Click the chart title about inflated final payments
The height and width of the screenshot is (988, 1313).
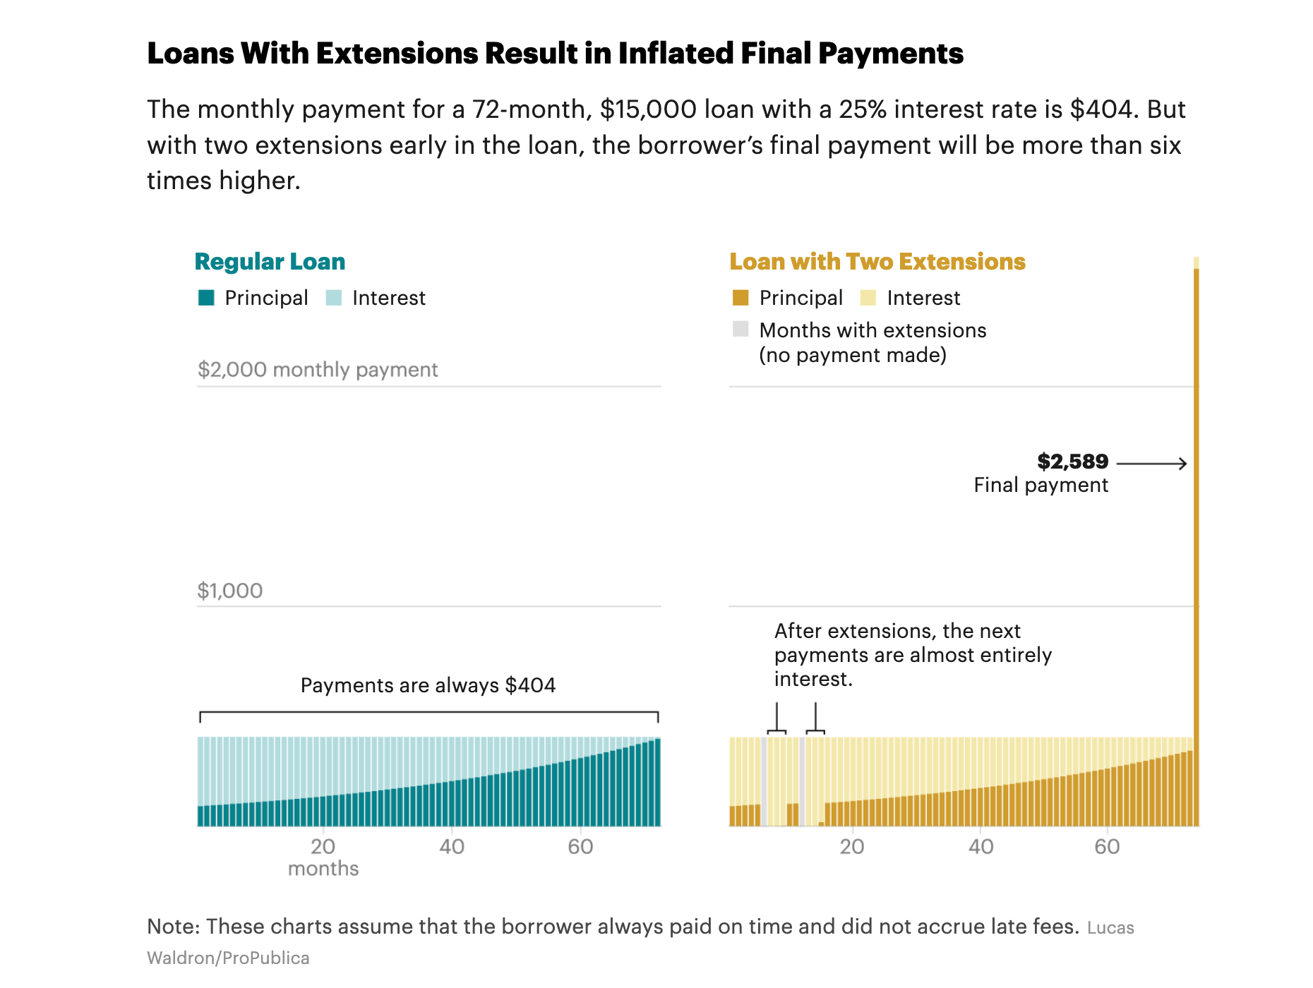[555, 54]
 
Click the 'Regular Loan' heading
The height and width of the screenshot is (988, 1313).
[270, 262]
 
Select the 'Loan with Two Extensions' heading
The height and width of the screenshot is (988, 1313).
[877, 262]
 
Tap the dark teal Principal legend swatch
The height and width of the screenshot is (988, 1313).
[206, 298]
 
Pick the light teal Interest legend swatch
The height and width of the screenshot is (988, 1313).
[334, 298]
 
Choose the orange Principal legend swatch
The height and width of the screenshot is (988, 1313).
[741, 298]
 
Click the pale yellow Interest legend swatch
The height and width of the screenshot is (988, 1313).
[868, 298]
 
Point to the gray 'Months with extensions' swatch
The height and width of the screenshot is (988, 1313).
[741, 329]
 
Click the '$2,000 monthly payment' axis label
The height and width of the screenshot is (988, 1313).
[318, 370]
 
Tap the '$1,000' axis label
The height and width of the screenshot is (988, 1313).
[230, 591]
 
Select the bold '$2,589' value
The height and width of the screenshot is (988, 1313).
[1072, 462]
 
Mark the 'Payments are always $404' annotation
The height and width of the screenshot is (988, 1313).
[428, 685]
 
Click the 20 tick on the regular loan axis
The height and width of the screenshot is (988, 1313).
[323, 847]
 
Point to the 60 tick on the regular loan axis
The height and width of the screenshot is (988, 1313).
[580, 847]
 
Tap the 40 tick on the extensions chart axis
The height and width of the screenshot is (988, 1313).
[981, 847]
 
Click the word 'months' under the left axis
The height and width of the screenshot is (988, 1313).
[323, 869]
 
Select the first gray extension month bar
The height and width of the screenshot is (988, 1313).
[764, 782]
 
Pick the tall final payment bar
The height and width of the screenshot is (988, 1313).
[1197, 543]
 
